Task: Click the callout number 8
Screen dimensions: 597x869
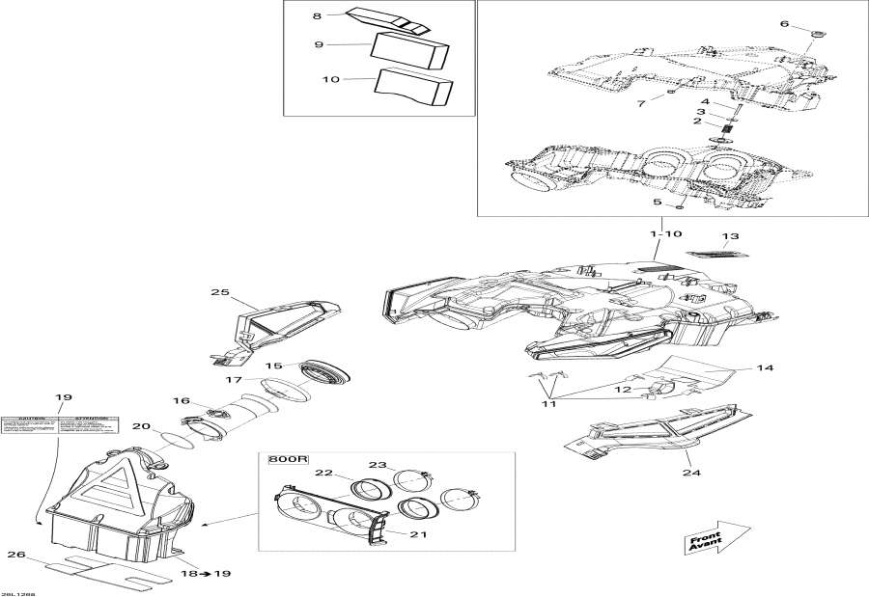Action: [x=316, y=16]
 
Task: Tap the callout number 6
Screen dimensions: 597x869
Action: [x=784, y=24]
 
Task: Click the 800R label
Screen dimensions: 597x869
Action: [x=285, y=460]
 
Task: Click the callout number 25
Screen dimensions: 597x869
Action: [x=221, y=291]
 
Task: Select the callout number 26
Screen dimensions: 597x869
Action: [x=14, y=555]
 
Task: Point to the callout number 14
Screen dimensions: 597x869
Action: [x=765, y=367]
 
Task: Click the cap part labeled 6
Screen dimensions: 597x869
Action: [x=818, y=36]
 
